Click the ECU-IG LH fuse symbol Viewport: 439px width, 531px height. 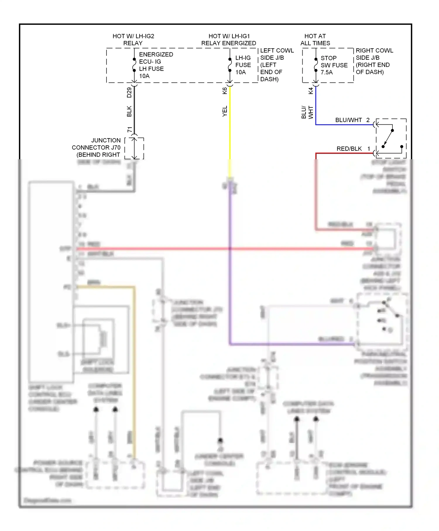point(134,65)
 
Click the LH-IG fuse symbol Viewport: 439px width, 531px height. point(230,65)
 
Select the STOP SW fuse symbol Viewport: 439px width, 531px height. point(316,65)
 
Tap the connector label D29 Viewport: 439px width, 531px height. point(129,93)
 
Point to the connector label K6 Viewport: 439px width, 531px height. point(225,91)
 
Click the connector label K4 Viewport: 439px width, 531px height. point(311,91)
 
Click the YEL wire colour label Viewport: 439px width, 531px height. point(225,111)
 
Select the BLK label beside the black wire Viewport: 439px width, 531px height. point(129,111)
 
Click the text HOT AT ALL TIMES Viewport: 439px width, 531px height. point(315,40)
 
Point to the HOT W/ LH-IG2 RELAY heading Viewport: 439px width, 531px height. point(133,40)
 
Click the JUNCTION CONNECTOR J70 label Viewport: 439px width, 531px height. point(97,148)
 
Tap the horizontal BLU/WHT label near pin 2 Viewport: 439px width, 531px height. point(348,120)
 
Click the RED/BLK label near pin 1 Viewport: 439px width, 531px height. point(349,149)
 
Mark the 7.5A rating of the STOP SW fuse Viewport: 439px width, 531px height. point(327,72)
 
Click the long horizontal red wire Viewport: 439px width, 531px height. point(222,249)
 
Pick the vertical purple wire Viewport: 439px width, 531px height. point(230,263)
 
